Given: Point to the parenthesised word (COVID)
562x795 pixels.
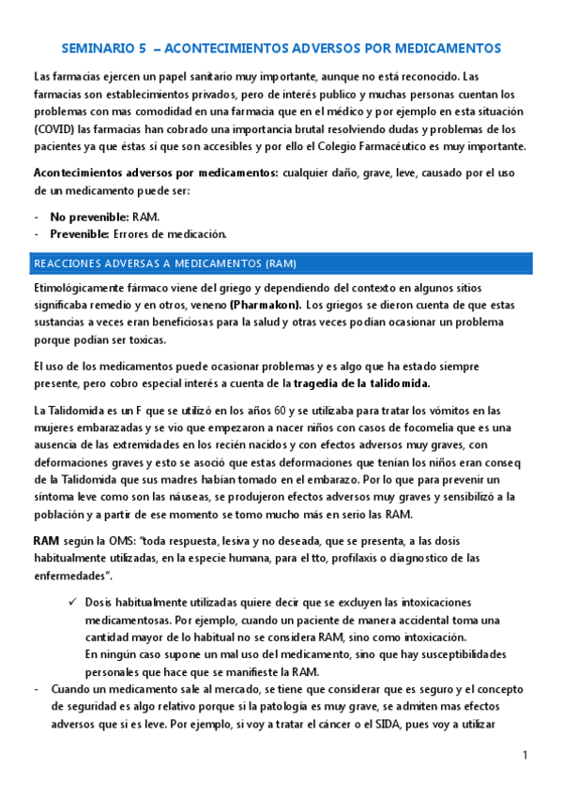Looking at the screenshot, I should pos(53,129).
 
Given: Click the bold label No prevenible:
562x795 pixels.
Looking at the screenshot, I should pos(90,217).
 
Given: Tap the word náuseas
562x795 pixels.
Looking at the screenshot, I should pos(187,496).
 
